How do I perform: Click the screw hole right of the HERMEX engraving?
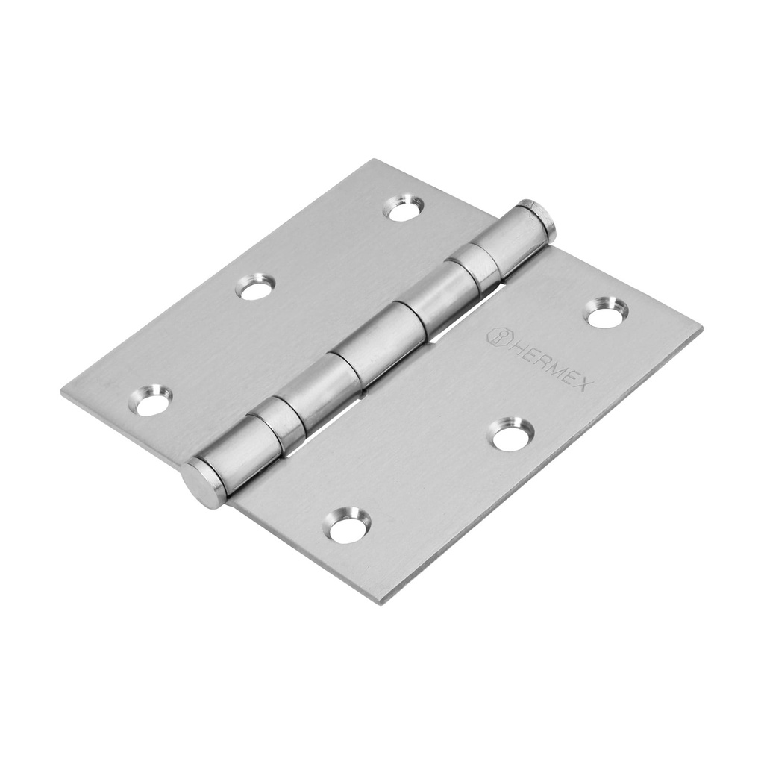[606, 313]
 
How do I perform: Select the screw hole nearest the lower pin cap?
[347, 526]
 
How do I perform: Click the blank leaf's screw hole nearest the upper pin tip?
[404, 208]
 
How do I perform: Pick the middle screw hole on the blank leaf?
[255, 287]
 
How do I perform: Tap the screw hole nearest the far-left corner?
[151, 401]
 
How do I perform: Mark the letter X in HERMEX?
[584, 383]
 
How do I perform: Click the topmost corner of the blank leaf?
[375, 160]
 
